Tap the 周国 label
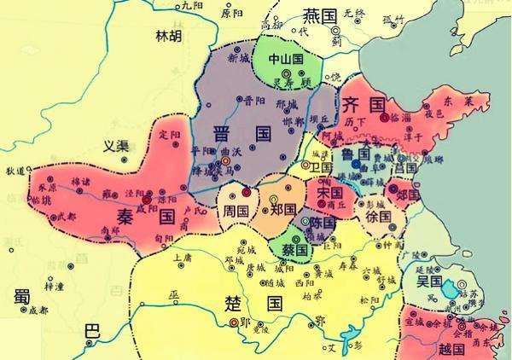coord(236,211)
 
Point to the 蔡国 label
coord(294,251)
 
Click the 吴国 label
coord(429,281)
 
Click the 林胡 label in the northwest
coord(167,36)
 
